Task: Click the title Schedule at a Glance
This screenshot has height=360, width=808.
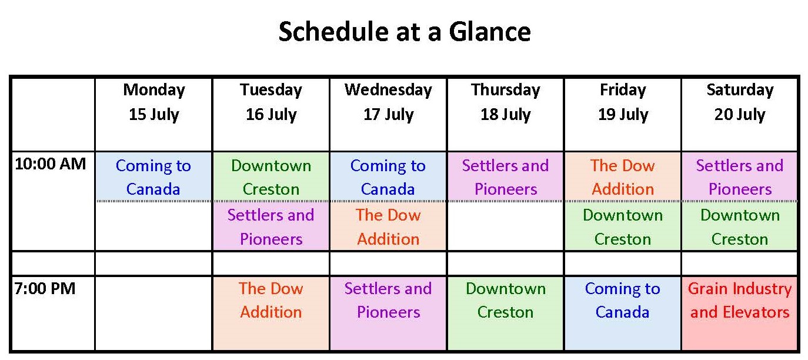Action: tap(405, 32)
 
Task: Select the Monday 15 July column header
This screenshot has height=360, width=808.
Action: tap(154, 102)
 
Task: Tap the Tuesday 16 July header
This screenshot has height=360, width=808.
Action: tap(271, 102)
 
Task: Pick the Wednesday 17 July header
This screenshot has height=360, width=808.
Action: tap(388, 102)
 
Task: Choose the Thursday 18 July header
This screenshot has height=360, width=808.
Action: tap(506, 102)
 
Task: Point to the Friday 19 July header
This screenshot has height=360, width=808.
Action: tap(623, 102)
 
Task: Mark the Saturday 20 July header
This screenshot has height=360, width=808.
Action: tap(740, 102)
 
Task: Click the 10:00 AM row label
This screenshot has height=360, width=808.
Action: tap(50, 164)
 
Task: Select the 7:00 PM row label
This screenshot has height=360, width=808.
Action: tap(45, 289)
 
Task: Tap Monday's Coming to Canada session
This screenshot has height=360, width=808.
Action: tap(153, 176)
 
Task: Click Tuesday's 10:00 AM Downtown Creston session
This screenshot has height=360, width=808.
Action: tap(271, 176)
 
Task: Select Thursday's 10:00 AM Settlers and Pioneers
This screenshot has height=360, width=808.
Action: tap(506, 176)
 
